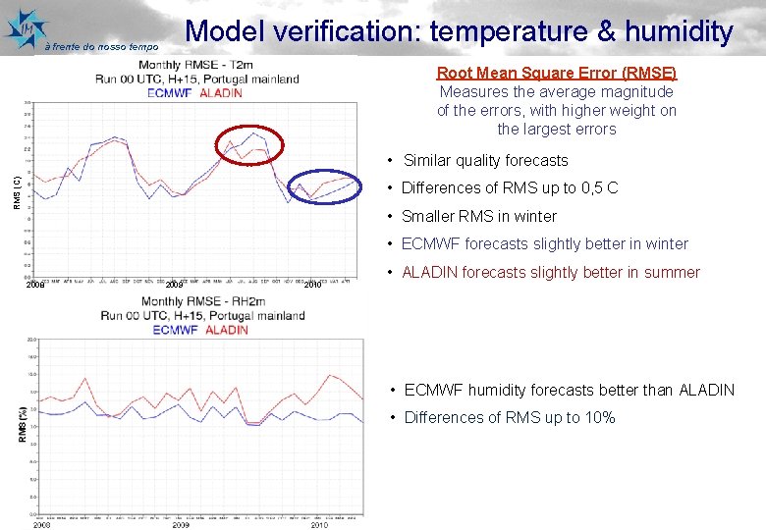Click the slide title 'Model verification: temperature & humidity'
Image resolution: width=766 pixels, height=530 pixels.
tap(459, 31)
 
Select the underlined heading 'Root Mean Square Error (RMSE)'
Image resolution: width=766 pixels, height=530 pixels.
tap(557, 73)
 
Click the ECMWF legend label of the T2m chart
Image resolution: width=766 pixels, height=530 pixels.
tap(170, 93)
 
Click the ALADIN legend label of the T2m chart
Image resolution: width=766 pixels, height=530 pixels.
tap(221, 93)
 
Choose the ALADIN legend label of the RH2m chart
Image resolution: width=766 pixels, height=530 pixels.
tap(227, 330)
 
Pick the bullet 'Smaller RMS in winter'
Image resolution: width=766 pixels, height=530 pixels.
tap(479, 216)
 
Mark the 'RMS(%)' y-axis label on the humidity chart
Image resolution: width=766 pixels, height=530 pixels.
tap(22, 424)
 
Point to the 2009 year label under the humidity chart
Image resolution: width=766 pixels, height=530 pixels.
tap(180, 525)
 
